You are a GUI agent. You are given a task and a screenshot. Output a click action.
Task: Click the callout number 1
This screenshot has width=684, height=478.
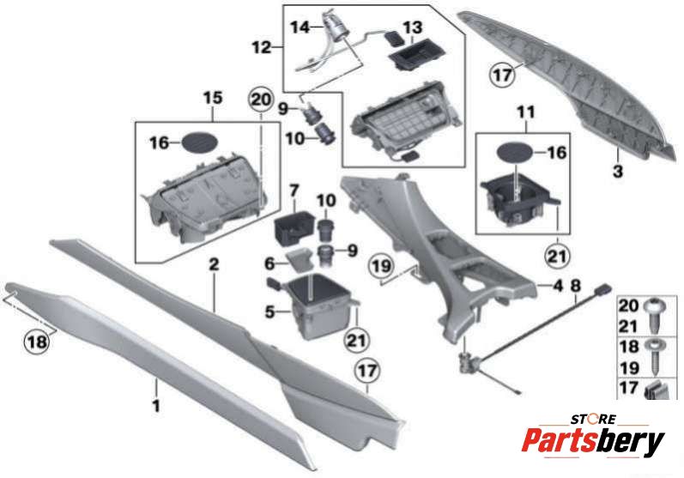click(156, 406)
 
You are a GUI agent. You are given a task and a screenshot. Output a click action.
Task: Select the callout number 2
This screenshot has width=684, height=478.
click(214, 264)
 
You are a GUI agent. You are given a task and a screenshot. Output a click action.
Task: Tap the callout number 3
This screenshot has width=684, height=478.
click(618, 171)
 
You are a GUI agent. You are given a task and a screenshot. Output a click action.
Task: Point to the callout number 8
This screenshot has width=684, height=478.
click(576, 286)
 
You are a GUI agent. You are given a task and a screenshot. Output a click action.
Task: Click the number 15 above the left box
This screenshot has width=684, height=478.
click(213, 98)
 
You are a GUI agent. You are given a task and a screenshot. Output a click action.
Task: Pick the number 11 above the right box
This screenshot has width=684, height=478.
click(526, 112)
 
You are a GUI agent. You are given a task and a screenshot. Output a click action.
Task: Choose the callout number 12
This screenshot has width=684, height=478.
click(262, 46)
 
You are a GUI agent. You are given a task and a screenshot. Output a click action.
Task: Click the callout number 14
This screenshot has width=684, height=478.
click(300, 27)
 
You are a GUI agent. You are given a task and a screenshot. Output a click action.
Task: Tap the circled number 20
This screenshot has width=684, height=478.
click(261, 100)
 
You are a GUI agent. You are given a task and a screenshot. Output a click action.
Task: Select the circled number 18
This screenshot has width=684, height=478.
click(37, 342)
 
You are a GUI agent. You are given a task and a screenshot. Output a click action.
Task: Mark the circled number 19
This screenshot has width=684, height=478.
click(382, 266)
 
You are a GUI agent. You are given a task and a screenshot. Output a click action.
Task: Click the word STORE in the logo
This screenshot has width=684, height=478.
click(593, 420)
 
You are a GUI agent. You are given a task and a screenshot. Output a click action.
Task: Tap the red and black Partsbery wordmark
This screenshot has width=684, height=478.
click(593, 441)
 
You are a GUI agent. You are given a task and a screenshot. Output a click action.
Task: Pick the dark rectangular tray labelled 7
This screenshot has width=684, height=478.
click(294, 227)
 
